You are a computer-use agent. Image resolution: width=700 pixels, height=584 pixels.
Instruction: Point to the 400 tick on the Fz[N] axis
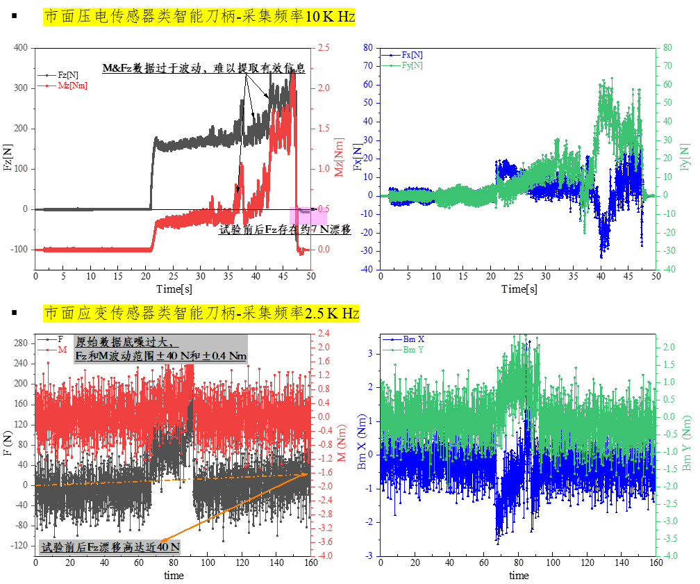coord(20,47)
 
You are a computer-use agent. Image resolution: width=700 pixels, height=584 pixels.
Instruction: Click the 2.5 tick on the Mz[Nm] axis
coord(323,47)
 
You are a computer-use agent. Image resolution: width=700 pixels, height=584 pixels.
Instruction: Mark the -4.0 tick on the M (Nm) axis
coord(324,555)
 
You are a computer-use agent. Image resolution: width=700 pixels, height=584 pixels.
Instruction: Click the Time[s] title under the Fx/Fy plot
coord(519,289)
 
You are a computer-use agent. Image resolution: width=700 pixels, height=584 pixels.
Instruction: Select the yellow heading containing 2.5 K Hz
coord(201,314)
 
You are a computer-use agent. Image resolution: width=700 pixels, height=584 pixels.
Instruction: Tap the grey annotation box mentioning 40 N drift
coord(110,547)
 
